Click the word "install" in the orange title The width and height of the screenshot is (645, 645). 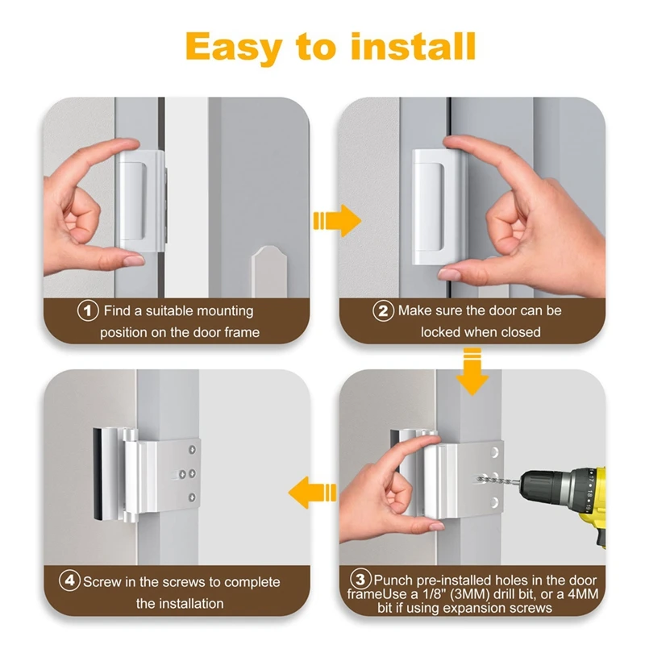413,47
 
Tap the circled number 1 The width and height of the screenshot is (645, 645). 88,310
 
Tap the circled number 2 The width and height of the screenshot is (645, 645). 383,311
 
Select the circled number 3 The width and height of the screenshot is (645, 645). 360,580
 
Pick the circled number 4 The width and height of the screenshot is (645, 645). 69,580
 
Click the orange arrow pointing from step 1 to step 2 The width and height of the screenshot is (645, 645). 337,221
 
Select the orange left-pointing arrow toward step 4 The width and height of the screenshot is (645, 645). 312,493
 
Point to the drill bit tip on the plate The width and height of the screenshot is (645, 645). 479,478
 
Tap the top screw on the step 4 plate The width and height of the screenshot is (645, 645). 192,450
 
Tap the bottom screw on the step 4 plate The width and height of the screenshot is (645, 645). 192,497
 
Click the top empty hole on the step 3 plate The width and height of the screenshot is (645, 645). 494,453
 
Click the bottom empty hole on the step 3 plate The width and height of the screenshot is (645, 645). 494,502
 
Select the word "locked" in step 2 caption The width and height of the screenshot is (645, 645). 441,332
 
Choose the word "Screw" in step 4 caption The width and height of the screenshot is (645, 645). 103,582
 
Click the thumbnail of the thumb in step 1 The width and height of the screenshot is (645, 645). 134,260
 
